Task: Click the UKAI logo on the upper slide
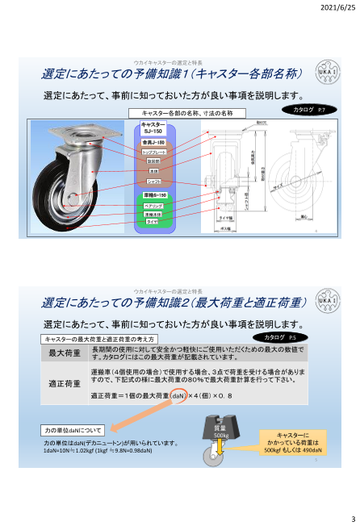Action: (x=326, y=73)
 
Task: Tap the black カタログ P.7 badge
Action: (x=309, y=108)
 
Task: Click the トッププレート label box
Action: (x=154, y=152)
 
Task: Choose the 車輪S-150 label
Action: (x=154, y=196)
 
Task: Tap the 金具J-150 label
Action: (x=154, y=142)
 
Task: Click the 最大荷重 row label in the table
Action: (x=65, y=353)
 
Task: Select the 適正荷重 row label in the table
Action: (x=65, y=383)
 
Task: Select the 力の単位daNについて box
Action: (x=73, y=430)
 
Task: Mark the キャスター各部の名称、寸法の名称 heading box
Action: (x=187, y=113)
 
